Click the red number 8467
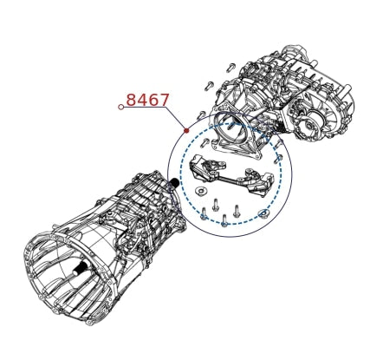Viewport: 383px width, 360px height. [x=147, y=100]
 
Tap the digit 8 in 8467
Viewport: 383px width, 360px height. [x=131, y=100]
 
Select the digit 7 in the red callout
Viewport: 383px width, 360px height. [x=164, y=100]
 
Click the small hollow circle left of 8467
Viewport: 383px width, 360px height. [x=121, y=107]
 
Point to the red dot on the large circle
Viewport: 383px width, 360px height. [x=186, y=131]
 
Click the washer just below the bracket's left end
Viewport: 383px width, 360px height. [x=200, y=191]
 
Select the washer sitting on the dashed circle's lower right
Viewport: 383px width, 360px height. [x=263, y=214]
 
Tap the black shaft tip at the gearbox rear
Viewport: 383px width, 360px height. [x=174, y=182]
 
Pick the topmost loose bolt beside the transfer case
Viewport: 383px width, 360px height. [x=230, y=67]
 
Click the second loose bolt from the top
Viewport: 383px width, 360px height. [x=209, y=86]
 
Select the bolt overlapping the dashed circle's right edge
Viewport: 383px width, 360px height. [x=279, y=158]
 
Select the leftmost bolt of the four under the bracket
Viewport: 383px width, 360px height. [x=204, y=213]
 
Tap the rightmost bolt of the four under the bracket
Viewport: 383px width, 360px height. [x=237, y=210]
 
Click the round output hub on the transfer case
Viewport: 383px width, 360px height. [x=308, y=121]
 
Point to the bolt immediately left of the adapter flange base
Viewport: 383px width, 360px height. [x=205, y=142]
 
